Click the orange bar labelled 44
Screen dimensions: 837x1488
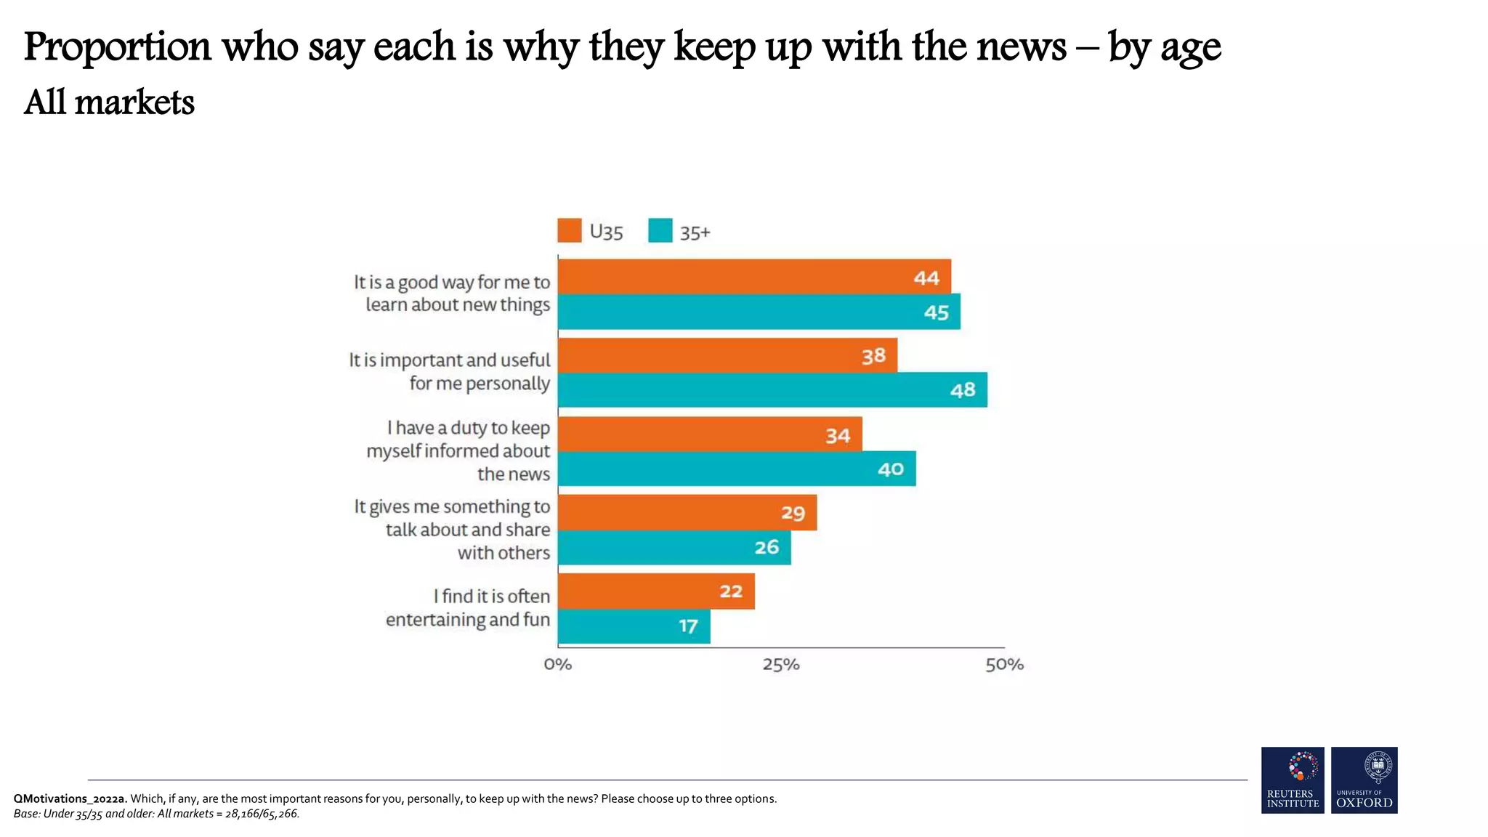point(754,277)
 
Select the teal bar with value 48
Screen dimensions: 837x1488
point(772,390)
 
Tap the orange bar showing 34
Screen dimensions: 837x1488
point(710,434)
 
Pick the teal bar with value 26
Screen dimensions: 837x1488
point(674,547)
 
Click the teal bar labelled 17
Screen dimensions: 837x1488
point(634,626)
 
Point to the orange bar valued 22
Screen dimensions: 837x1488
point(656,591)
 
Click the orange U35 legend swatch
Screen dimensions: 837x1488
point(570,231)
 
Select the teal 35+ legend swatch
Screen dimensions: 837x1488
point(660,231)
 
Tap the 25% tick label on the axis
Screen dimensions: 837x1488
point(781,664)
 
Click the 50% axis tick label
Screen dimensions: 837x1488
point(1004,664)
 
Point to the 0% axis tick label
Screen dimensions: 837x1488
point(557,664)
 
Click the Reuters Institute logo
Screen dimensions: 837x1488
point(1293,780)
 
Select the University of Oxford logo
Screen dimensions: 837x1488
point(1364,780)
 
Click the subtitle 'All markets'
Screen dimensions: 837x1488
point(109,102)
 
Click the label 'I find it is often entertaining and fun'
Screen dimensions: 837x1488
point(468,607)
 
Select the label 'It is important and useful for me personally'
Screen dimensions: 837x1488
point(450,371)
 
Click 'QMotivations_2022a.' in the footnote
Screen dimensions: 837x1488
point(70,798)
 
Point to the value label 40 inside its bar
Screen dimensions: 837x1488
point(891,469)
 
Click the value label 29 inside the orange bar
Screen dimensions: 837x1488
point(793,513)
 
